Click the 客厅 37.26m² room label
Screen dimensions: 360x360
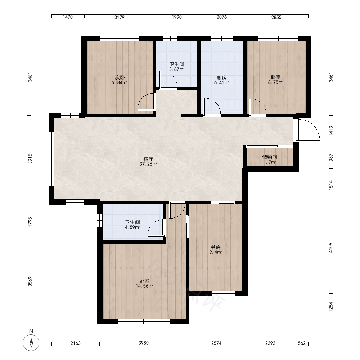tap(148, 161)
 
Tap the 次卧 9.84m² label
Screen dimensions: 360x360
tap(120, 80)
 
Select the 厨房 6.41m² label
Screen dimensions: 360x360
tap(221, 80)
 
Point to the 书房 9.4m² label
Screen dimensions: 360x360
tap(216, 249)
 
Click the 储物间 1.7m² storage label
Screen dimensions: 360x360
tap(270, 159)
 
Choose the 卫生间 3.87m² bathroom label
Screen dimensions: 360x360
tap(176, 67)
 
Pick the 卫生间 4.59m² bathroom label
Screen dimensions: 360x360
tap(132, 225)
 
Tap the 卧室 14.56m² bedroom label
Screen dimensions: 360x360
tap(144, 283)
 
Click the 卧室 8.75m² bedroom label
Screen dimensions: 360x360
tap(275, 80)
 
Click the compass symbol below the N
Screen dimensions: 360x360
tap(31, 343)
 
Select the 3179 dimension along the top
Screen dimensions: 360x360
tap(120, 17)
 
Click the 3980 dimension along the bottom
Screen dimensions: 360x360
tap(144, 343)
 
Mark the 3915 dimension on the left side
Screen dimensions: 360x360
tap(30, 159)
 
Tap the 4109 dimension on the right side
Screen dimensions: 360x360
tap(330, 248)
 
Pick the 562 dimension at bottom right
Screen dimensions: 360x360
tap(302, 343)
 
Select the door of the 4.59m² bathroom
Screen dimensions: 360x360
tap(156, 228)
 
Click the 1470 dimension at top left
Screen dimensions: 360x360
tap(68, 17)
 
